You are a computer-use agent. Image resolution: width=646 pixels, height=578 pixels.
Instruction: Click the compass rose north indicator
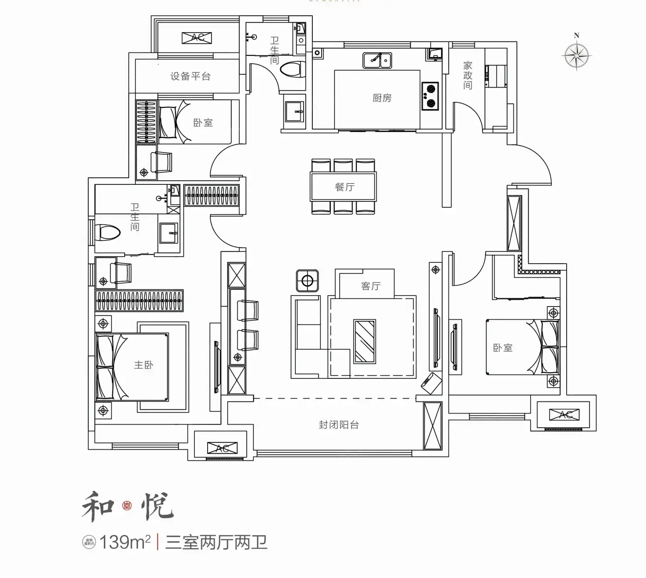(x=576, y=54)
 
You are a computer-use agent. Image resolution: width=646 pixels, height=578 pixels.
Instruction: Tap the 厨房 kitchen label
(x=382, y=98)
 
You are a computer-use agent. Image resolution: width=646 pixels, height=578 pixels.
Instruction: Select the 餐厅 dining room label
(x=344, y=187)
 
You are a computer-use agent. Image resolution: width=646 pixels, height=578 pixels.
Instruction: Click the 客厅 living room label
(x=371, y=286)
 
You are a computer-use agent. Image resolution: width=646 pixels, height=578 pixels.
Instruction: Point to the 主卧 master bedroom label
(x=144, y=365)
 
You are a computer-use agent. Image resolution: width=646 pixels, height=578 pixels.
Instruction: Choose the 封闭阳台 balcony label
(x=339, y=425)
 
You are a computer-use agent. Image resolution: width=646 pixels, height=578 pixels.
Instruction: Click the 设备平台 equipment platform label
(x=190, y=77)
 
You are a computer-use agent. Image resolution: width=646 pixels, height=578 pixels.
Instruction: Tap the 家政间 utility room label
(x=468, y=76)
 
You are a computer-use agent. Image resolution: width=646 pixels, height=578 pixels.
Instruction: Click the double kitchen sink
(x=377, y=60)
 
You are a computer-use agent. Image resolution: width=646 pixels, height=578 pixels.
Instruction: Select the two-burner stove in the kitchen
(x=430, y=96)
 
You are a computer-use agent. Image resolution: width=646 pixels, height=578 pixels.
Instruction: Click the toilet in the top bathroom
(x=293, y=70)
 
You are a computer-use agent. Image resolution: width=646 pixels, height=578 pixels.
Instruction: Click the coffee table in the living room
(x=365, y=341)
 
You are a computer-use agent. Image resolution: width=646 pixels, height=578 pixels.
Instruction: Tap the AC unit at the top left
(x=197, y=38)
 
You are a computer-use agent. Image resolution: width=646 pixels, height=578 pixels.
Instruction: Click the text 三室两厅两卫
(x=216, y=542)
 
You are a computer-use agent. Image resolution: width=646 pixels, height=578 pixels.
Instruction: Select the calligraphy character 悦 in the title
(x=157, y=507)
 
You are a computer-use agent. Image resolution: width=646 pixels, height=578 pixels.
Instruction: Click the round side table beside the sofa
(x=307, y=280)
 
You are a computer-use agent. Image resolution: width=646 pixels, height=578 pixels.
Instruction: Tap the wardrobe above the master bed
(x=139, y=301)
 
